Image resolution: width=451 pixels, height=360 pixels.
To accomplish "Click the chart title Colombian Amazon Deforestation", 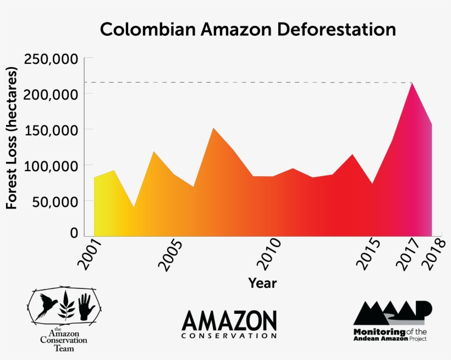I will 248,29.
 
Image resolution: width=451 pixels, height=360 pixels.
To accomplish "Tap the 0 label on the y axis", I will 74,233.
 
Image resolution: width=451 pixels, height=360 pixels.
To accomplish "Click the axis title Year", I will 262,283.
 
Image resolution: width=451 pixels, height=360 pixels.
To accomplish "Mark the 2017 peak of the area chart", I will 411,84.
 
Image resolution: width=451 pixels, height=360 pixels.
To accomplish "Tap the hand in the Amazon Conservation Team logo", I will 86,307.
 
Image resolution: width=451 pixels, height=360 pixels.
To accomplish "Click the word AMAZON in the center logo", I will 229,320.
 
